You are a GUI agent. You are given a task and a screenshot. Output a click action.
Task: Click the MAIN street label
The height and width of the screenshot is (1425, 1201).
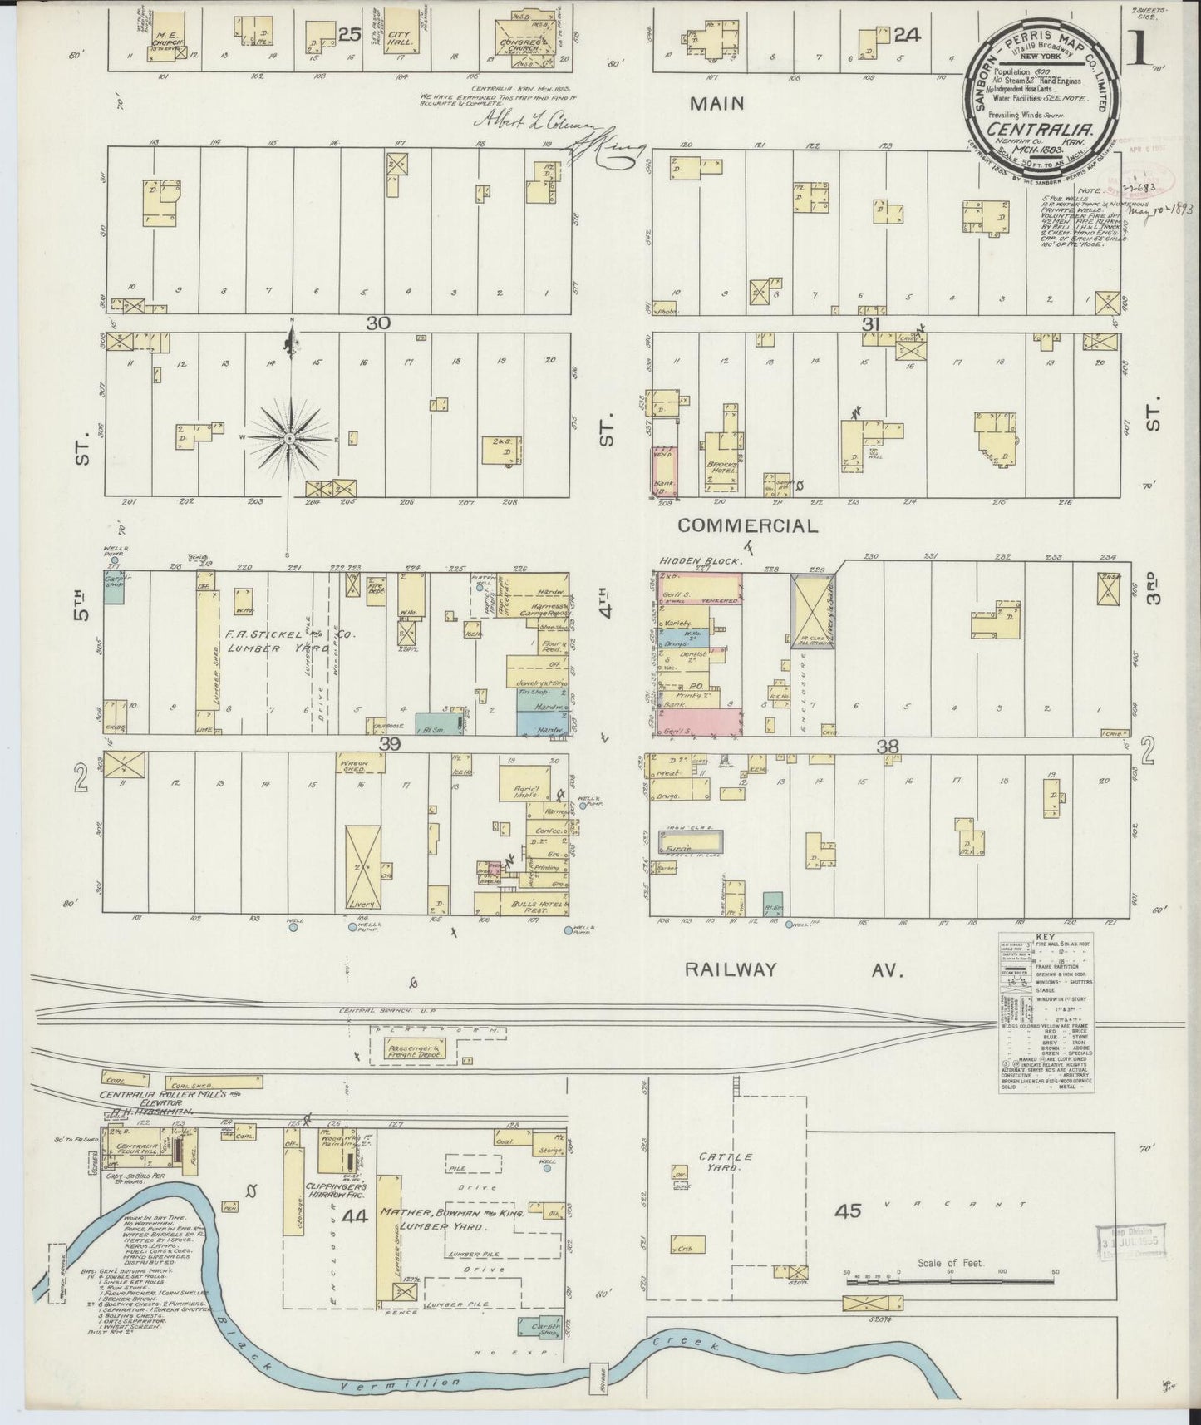[721, 104]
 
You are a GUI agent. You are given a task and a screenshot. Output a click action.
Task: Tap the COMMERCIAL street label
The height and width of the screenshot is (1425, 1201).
[747, 525]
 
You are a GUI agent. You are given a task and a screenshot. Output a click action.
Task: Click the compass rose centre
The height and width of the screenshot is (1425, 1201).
[288, 437]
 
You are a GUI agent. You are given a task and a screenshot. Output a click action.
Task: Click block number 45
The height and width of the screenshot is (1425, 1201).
[849, 1211]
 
